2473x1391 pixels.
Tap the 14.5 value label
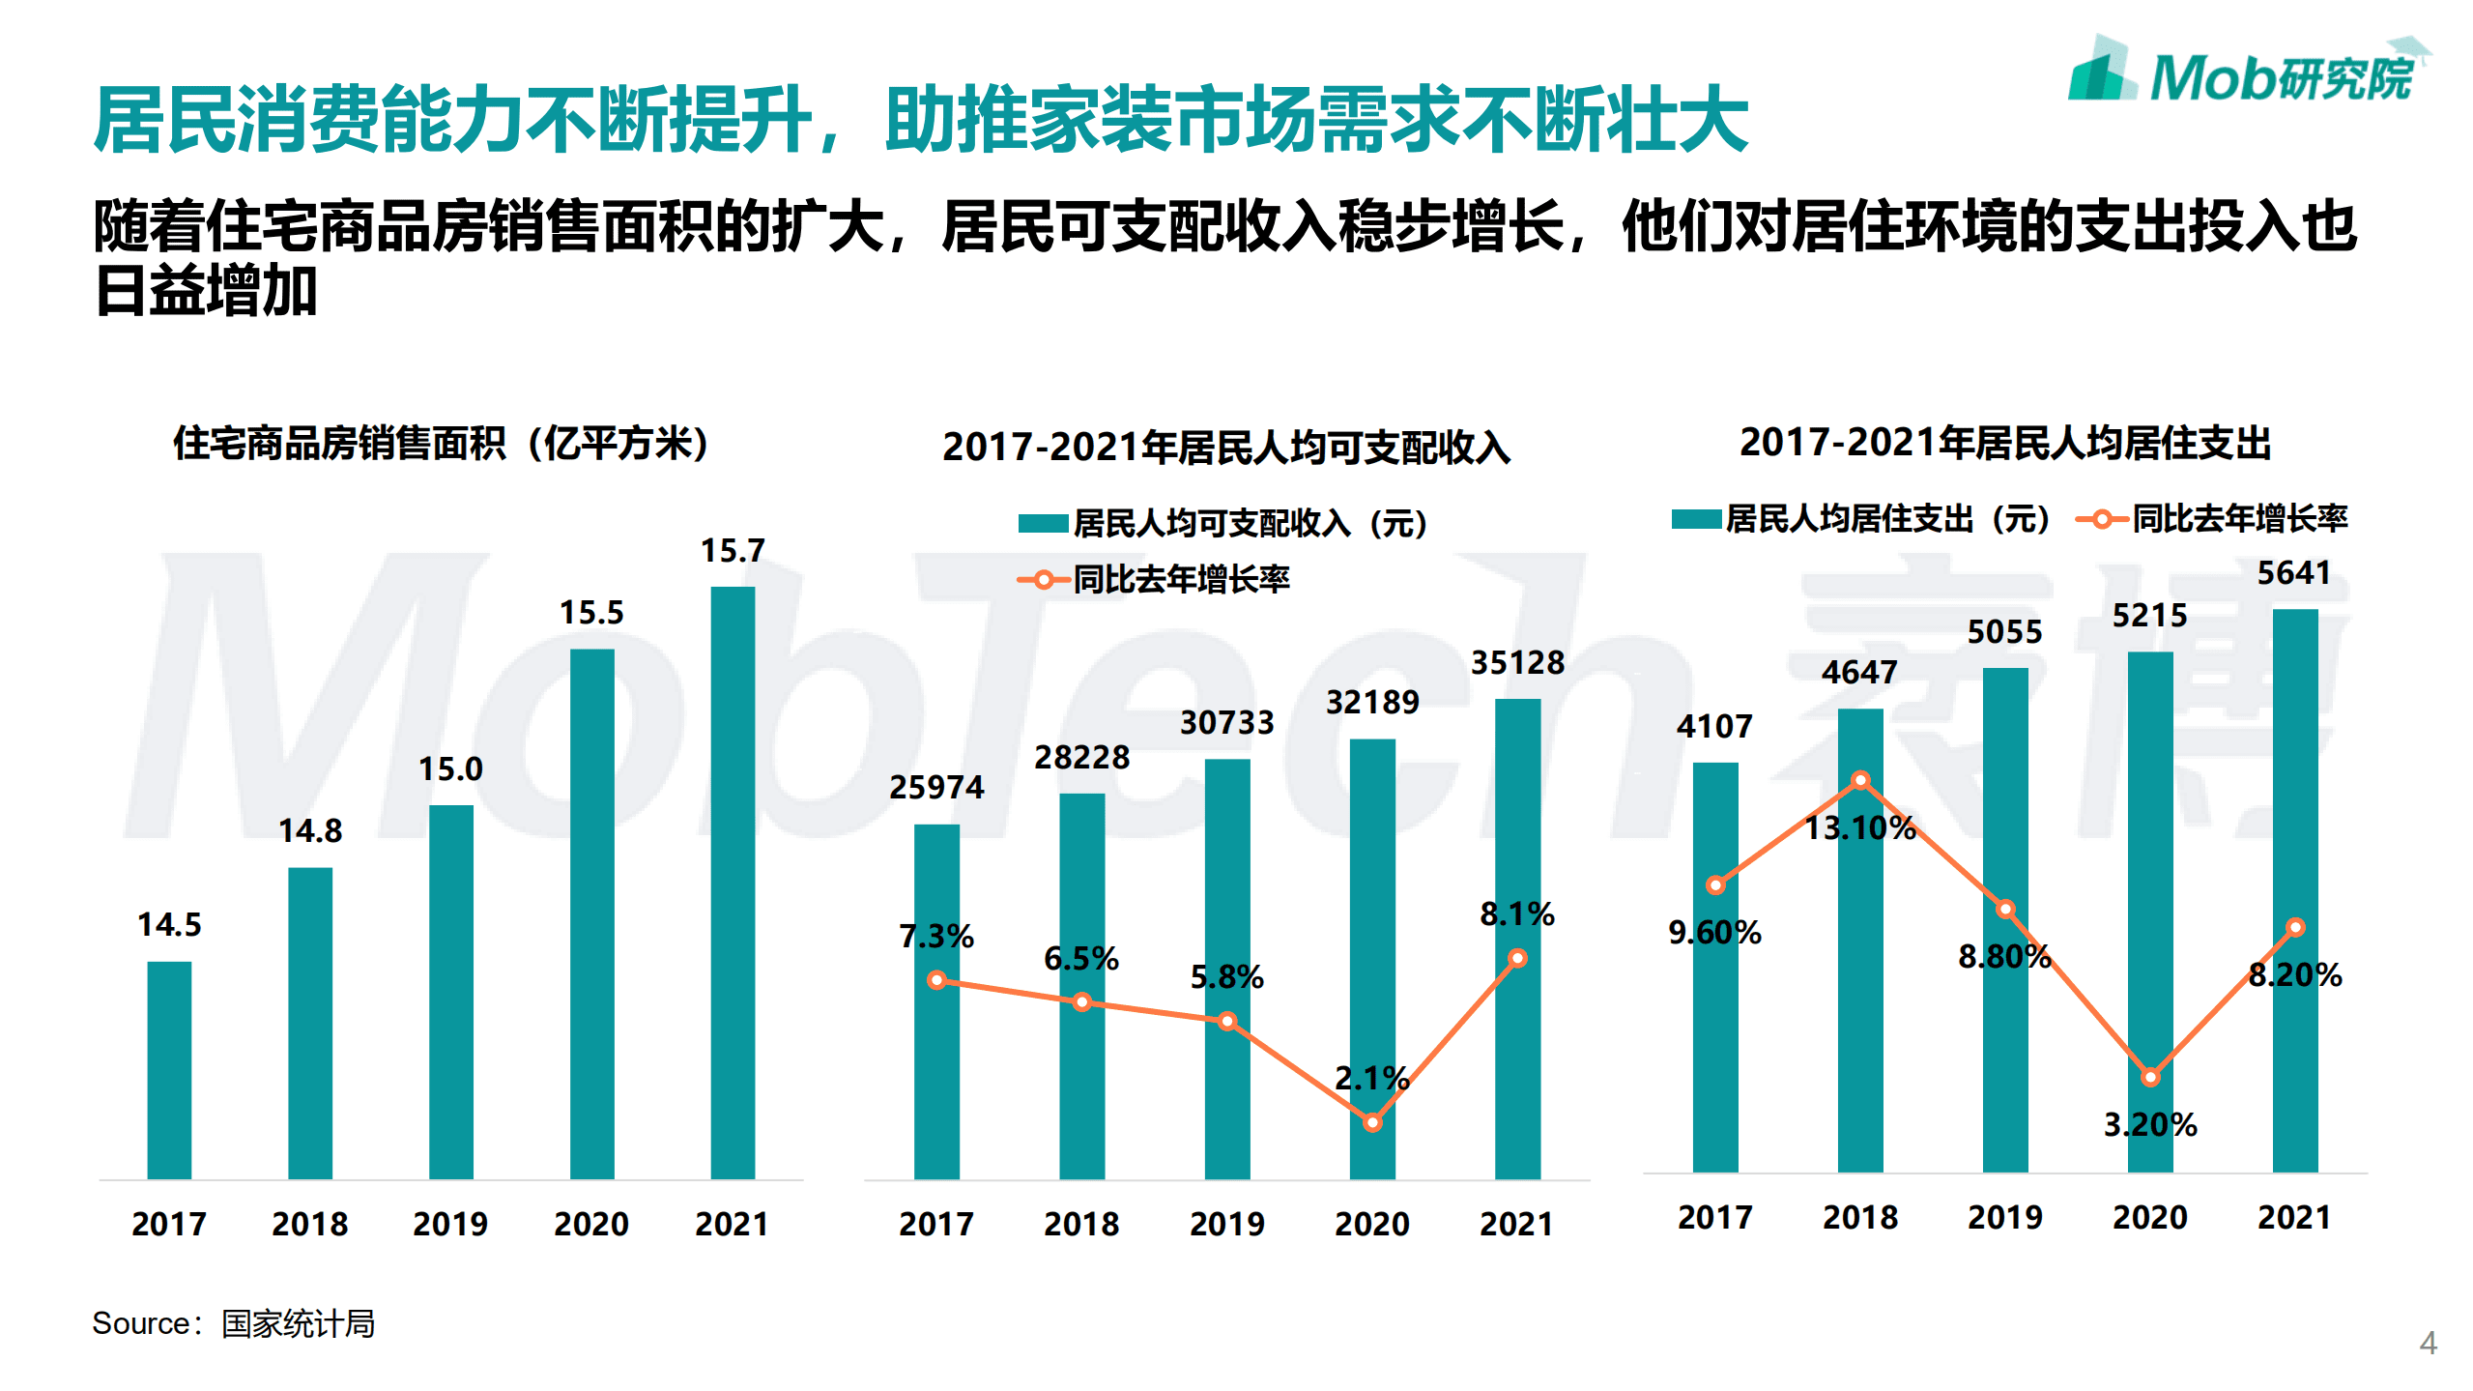click(x=169, y=924)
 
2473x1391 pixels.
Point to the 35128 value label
click(x=1517, y=663)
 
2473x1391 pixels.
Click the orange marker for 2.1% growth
click(x=1372, y=1122)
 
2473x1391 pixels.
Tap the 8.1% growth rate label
click(x=1517, y=913)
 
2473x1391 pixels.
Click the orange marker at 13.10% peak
click(x=1860, y=780)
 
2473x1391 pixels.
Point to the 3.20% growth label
click(x=2150, y=1124)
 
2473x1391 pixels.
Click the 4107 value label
click(x=1714, y=727)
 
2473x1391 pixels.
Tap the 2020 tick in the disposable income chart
click(x=1372, y=1224)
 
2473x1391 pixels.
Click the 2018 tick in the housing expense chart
click(x=1860, y=1217)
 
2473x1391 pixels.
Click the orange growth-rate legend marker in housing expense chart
click(x=2101, y=520)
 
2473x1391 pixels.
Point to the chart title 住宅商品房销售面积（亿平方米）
click(x=440, y=444)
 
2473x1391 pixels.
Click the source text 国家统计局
click(x=298, y=1323)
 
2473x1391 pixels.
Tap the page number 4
click(x=2428, y=1343)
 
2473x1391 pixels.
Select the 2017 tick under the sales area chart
click(x=169, y=1224)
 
